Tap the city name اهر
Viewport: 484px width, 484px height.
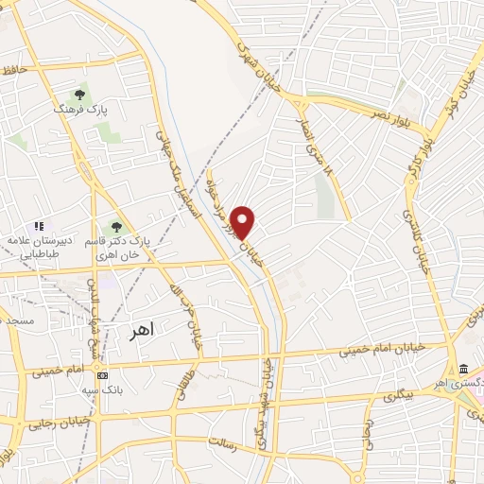140,332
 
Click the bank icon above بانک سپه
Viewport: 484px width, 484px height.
103,375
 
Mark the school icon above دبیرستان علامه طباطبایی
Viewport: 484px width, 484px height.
39,226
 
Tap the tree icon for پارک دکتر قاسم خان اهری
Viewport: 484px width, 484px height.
116,226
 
